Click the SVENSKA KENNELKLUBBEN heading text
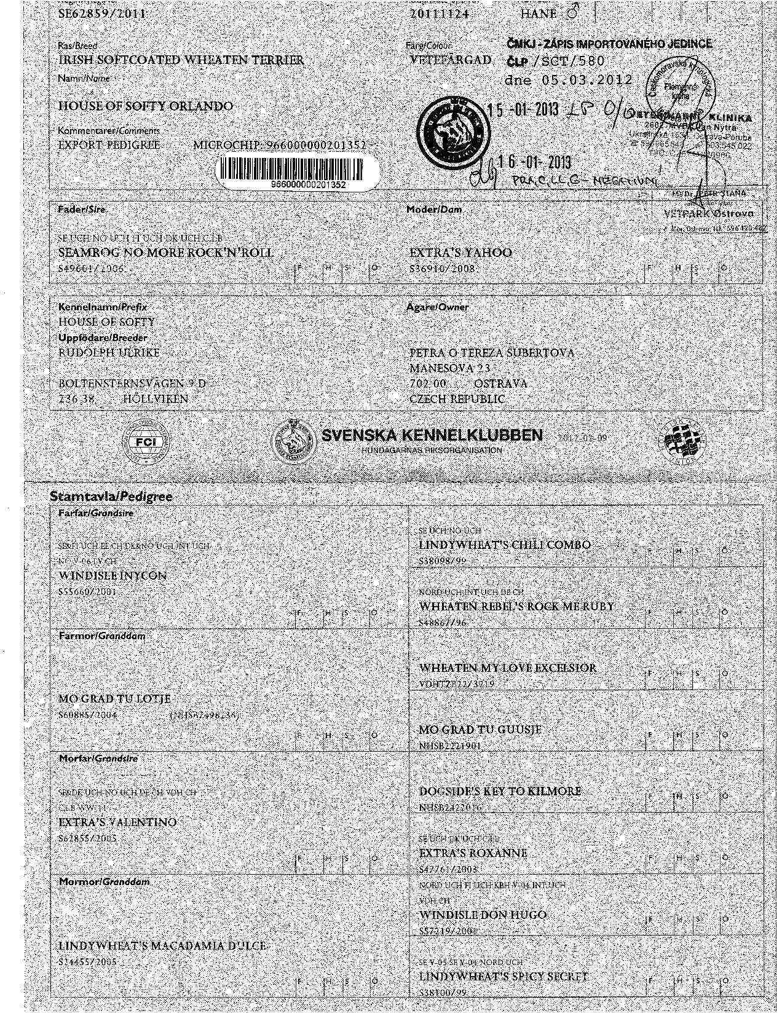coord(432,436)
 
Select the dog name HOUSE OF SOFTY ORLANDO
coord(145,106)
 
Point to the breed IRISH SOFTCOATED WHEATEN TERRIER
coord(181,60)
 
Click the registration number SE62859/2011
coord(102,14)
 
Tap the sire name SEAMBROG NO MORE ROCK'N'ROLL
coord(165,253)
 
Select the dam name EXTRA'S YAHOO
coord(460,253)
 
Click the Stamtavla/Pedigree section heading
coord(111,495)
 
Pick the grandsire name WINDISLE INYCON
coord(113,576)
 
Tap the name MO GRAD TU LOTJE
coord(114,699)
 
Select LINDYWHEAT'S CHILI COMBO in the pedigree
coord(504,545)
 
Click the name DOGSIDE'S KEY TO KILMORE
coord(500,791)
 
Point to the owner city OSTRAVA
coord(500,384)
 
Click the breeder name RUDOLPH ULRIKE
coord(109,353)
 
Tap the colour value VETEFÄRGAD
coord(450,60)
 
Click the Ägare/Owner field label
coord(437,307)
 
